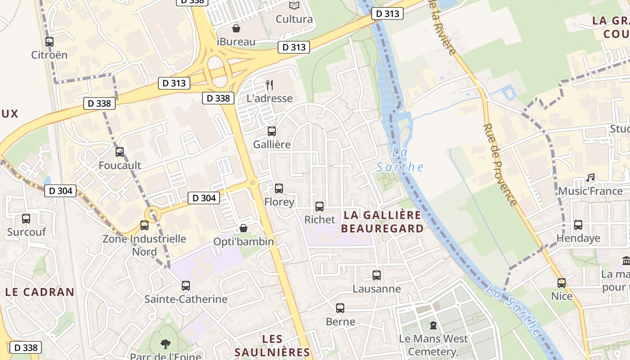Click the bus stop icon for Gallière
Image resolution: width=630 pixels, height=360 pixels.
pyautogui.click(x=271, y=131)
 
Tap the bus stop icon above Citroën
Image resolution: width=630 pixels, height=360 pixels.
pyautogui.click(x=49, y=42)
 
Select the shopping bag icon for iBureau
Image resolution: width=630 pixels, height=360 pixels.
pyautogui.click(x=236, y=29)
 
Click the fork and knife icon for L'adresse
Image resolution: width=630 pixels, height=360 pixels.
pyautogui.click(x=270, y=85)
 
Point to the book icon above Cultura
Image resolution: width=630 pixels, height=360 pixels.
pyautogui.click(x=294, y=5)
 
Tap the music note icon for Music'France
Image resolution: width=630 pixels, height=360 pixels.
pyautogui.click(x=590, y=178)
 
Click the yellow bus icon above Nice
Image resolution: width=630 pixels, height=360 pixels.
pyautogui.click(x=562, y=283)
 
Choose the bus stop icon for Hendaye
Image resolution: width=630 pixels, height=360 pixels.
pyautogui.click(x=578, y=225)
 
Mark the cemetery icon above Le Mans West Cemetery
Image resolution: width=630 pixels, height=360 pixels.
pyautogui.click(x=433, y=325)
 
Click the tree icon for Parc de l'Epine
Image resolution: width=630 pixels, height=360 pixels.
pyautogui.click(x=166, y=344)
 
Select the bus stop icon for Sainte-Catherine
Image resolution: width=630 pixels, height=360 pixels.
pyautogui.click(x=186, y=285)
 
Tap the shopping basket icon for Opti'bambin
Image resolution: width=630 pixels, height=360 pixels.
pyautogui.click(x=243, y=228)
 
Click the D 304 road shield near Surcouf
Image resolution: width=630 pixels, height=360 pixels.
pyautogui.click(x=60, y=191)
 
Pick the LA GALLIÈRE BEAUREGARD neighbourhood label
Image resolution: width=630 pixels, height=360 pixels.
pyautogui.click(x=382, y=222)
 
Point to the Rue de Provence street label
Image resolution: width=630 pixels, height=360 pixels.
pyautogui.click(x=500, y=164)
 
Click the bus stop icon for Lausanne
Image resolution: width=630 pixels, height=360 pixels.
pyautogui.click(x=377, y=275)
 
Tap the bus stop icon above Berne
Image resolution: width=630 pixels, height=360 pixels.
pyautogui.click(x=340, y=308)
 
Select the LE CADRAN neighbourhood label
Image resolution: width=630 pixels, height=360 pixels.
pyautogui.click(x=40, y=292)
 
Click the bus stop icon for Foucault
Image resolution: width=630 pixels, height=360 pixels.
pyautogui.click(x=120, y=152)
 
